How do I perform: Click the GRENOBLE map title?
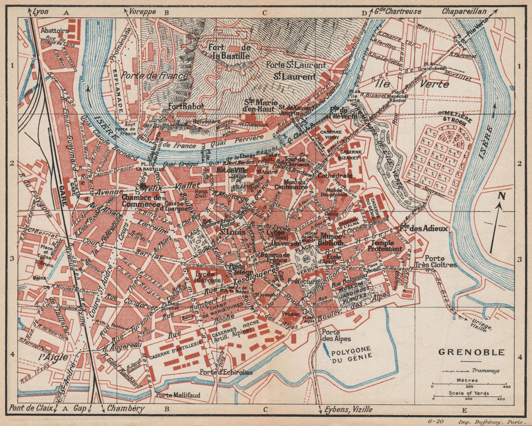pyautogui.click(x=463, y=352)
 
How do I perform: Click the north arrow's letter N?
pyautogui.click(x=500, y=196)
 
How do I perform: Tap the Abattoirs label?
pyautogui.click(x=54, y=31)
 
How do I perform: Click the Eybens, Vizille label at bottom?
pyautogui.click(x=347, y=409)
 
